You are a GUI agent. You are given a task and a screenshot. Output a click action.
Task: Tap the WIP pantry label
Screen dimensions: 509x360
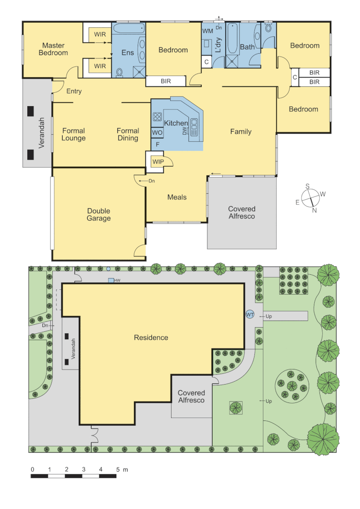[x=157, y=162]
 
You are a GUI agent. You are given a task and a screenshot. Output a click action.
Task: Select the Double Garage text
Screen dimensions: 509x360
[x=98, y=215]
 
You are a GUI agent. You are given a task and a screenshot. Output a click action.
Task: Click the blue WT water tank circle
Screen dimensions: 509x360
[x=250, y=314]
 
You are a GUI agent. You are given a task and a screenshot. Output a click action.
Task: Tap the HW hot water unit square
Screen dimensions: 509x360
[x=111, y=280]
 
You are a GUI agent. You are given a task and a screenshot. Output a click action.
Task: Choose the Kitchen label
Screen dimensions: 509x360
[x=176, y=123]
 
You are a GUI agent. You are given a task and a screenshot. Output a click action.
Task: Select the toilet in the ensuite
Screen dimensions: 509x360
[x=119, y=72]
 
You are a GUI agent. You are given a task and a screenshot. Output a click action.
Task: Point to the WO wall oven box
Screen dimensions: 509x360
[x=157, y=133]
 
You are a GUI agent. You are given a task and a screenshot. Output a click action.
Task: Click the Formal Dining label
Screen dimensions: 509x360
[x=128, y=134]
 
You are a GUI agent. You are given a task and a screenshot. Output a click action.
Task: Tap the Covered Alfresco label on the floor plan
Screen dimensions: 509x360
[x=241, y=212]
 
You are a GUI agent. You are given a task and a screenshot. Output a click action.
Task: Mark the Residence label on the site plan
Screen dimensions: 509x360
[x=151, y=337]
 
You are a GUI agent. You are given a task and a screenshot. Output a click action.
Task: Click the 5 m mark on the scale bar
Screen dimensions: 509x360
[x=117, y=470]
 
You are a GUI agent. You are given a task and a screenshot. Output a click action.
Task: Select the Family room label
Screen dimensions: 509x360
[x=240, y=131]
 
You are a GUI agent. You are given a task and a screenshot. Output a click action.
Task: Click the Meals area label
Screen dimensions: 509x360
[x=177, y=197]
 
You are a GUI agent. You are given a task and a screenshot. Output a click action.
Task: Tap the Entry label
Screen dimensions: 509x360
[x=74, y=91]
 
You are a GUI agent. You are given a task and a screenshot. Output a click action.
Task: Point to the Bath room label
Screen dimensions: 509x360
[x=247, y=47]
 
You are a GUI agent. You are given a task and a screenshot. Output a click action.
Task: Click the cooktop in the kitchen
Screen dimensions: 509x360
[x=157, y=116]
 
